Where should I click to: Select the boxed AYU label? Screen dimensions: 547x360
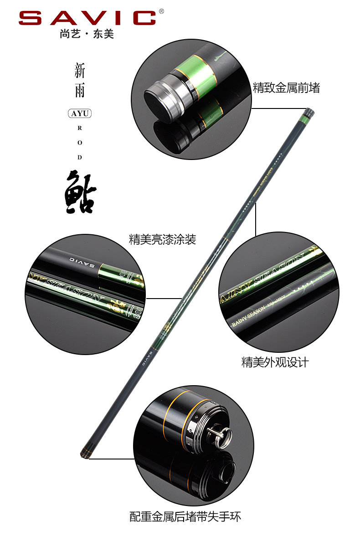point(80,114)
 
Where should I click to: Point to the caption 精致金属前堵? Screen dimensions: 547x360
point(286,88)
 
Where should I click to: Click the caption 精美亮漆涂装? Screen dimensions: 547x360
point(162,239)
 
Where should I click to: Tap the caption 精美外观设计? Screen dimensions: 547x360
point(275,362)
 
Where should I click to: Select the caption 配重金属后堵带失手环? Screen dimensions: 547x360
point(185,516)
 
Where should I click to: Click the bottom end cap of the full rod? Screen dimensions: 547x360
point(84,454)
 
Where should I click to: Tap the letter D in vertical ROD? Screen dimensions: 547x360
point(80,158)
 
